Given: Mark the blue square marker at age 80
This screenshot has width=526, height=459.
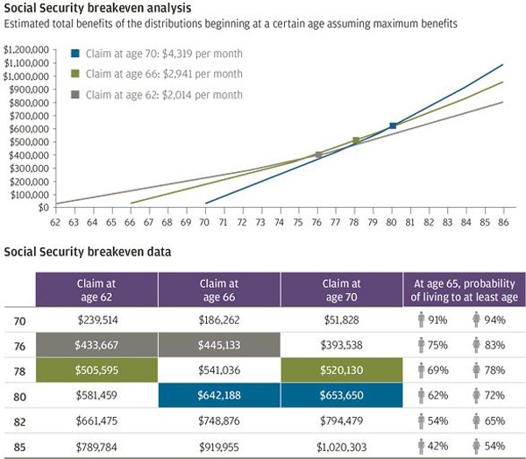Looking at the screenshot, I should [393, 126].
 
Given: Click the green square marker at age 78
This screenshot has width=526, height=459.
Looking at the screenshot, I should [356, 140].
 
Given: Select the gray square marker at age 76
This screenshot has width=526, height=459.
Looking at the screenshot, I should [318, 154].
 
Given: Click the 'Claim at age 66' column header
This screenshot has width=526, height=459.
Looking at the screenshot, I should [219, 290].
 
